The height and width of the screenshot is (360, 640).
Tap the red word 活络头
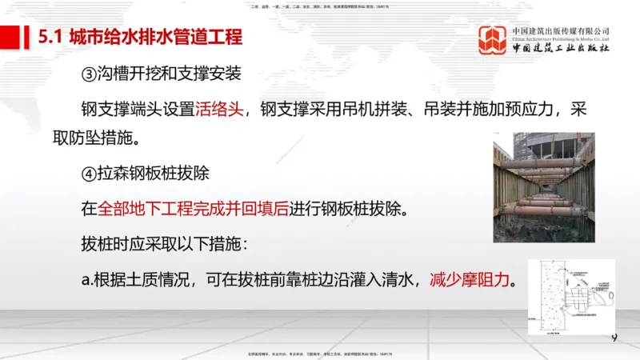[218, 109]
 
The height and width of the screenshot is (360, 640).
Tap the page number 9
[614, 338]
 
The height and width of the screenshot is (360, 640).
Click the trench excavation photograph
[543, 186]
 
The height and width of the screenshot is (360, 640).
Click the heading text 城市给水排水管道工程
[156, 37]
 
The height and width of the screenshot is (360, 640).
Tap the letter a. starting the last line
[87, 281]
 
